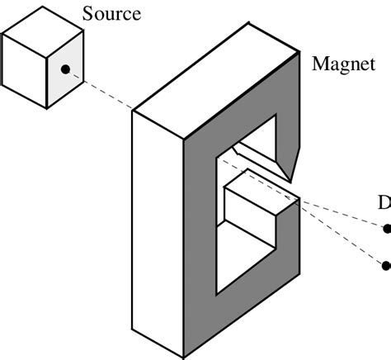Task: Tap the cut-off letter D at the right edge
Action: point(384,203)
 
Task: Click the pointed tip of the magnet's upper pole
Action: point(290,180)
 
